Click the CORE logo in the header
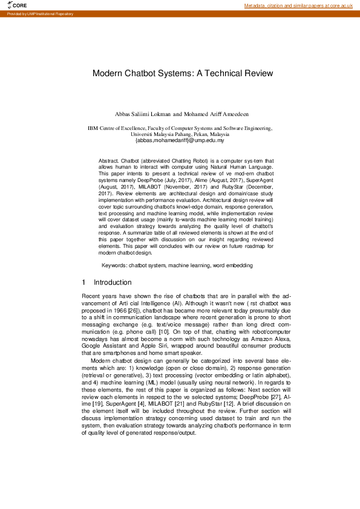coord(18,5)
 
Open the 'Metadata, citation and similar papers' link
coord(298,5)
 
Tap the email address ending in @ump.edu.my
coord(180,140)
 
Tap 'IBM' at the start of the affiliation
coord(93,128)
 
